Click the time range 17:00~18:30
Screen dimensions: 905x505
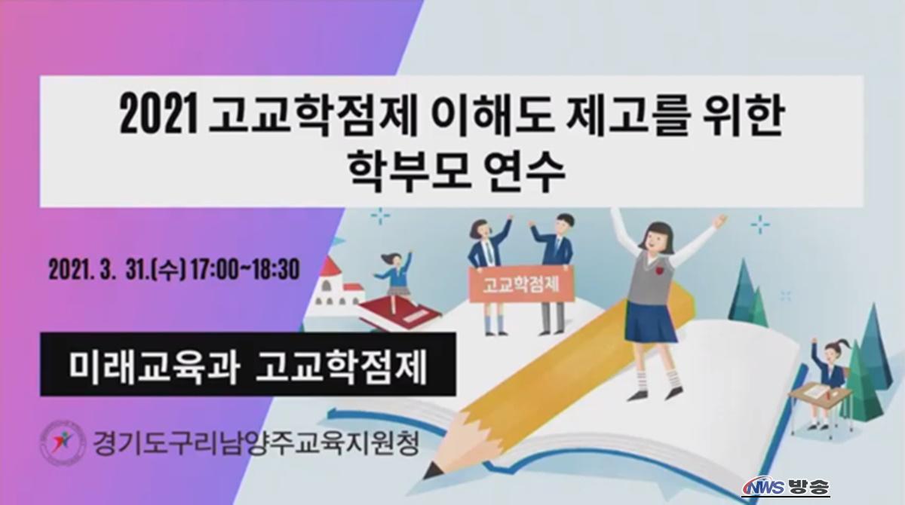tap(245, 269)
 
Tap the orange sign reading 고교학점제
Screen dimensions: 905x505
tap(521, 285)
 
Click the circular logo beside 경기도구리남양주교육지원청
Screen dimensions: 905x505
tap(63, 443)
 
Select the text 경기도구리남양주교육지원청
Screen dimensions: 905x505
tap(256, 443)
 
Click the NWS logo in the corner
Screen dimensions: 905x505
tap(762, 488)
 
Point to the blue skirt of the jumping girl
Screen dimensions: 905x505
tap(650, 322)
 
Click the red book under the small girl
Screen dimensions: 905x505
tap(398, 311)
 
